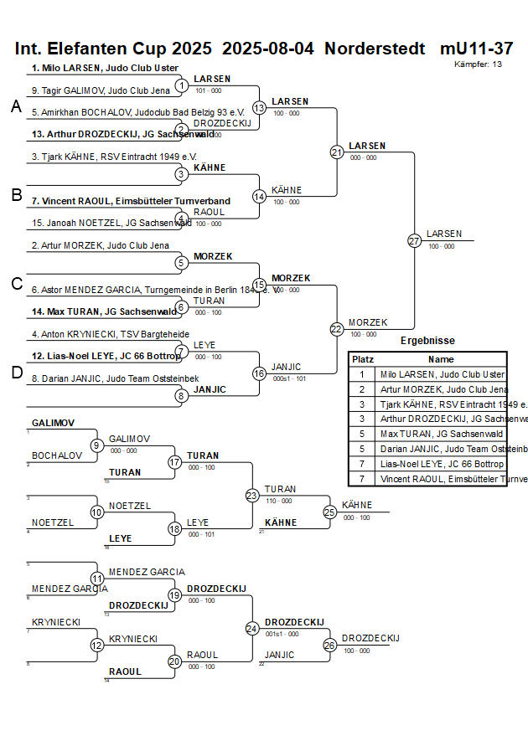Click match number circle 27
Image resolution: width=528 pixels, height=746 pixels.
414,241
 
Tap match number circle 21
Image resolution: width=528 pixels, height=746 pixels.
337,152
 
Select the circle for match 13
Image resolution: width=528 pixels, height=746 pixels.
260,108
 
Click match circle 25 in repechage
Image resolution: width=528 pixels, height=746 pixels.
330,512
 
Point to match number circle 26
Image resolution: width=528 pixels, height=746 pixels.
330,645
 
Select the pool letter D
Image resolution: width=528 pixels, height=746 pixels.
16,373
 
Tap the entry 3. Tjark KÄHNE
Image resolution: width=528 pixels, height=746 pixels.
114,157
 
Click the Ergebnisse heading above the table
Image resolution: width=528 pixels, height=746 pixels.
427,341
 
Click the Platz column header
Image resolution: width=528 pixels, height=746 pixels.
363,358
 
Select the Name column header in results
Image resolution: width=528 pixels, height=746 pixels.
441,358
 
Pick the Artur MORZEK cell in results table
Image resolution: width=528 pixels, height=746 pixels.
443,389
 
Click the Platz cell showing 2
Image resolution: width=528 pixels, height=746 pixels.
362,389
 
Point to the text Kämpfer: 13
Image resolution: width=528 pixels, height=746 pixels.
479,64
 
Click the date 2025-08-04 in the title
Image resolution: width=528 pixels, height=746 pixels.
269,49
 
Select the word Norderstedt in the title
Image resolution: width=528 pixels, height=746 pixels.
375,49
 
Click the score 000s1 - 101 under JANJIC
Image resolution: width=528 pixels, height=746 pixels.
290,378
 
